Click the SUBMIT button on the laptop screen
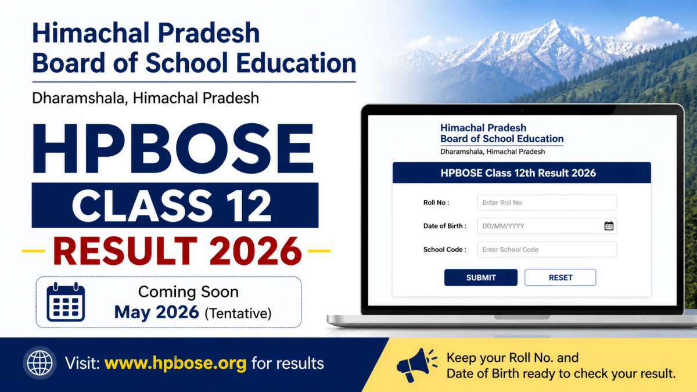click(481, 277)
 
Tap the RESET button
click(561, 277)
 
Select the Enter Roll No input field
click(547, 203)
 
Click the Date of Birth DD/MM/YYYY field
click(547, 226)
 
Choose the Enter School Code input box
click(547, 250)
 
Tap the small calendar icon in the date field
click(609, 226)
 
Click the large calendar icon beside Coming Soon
click(66, 302)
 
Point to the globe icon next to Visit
click(39, 363)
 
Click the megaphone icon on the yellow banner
click(417, 365)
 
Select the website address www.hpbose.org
click(175, 363)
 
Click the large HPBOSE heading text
click(173, 149)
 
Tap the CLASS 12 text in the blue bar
click(171, 206)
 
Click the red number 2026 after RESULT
click(256, 251)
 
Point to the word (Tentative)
click(238, 313)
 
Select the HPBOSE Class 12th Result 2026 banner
click(522, 172)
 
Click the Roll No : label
click(436, 203)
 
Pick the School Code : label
click(445, 250)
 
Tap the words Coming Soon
click(188, 292)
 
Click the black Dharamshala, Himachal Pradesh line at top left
click(146, 98)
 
